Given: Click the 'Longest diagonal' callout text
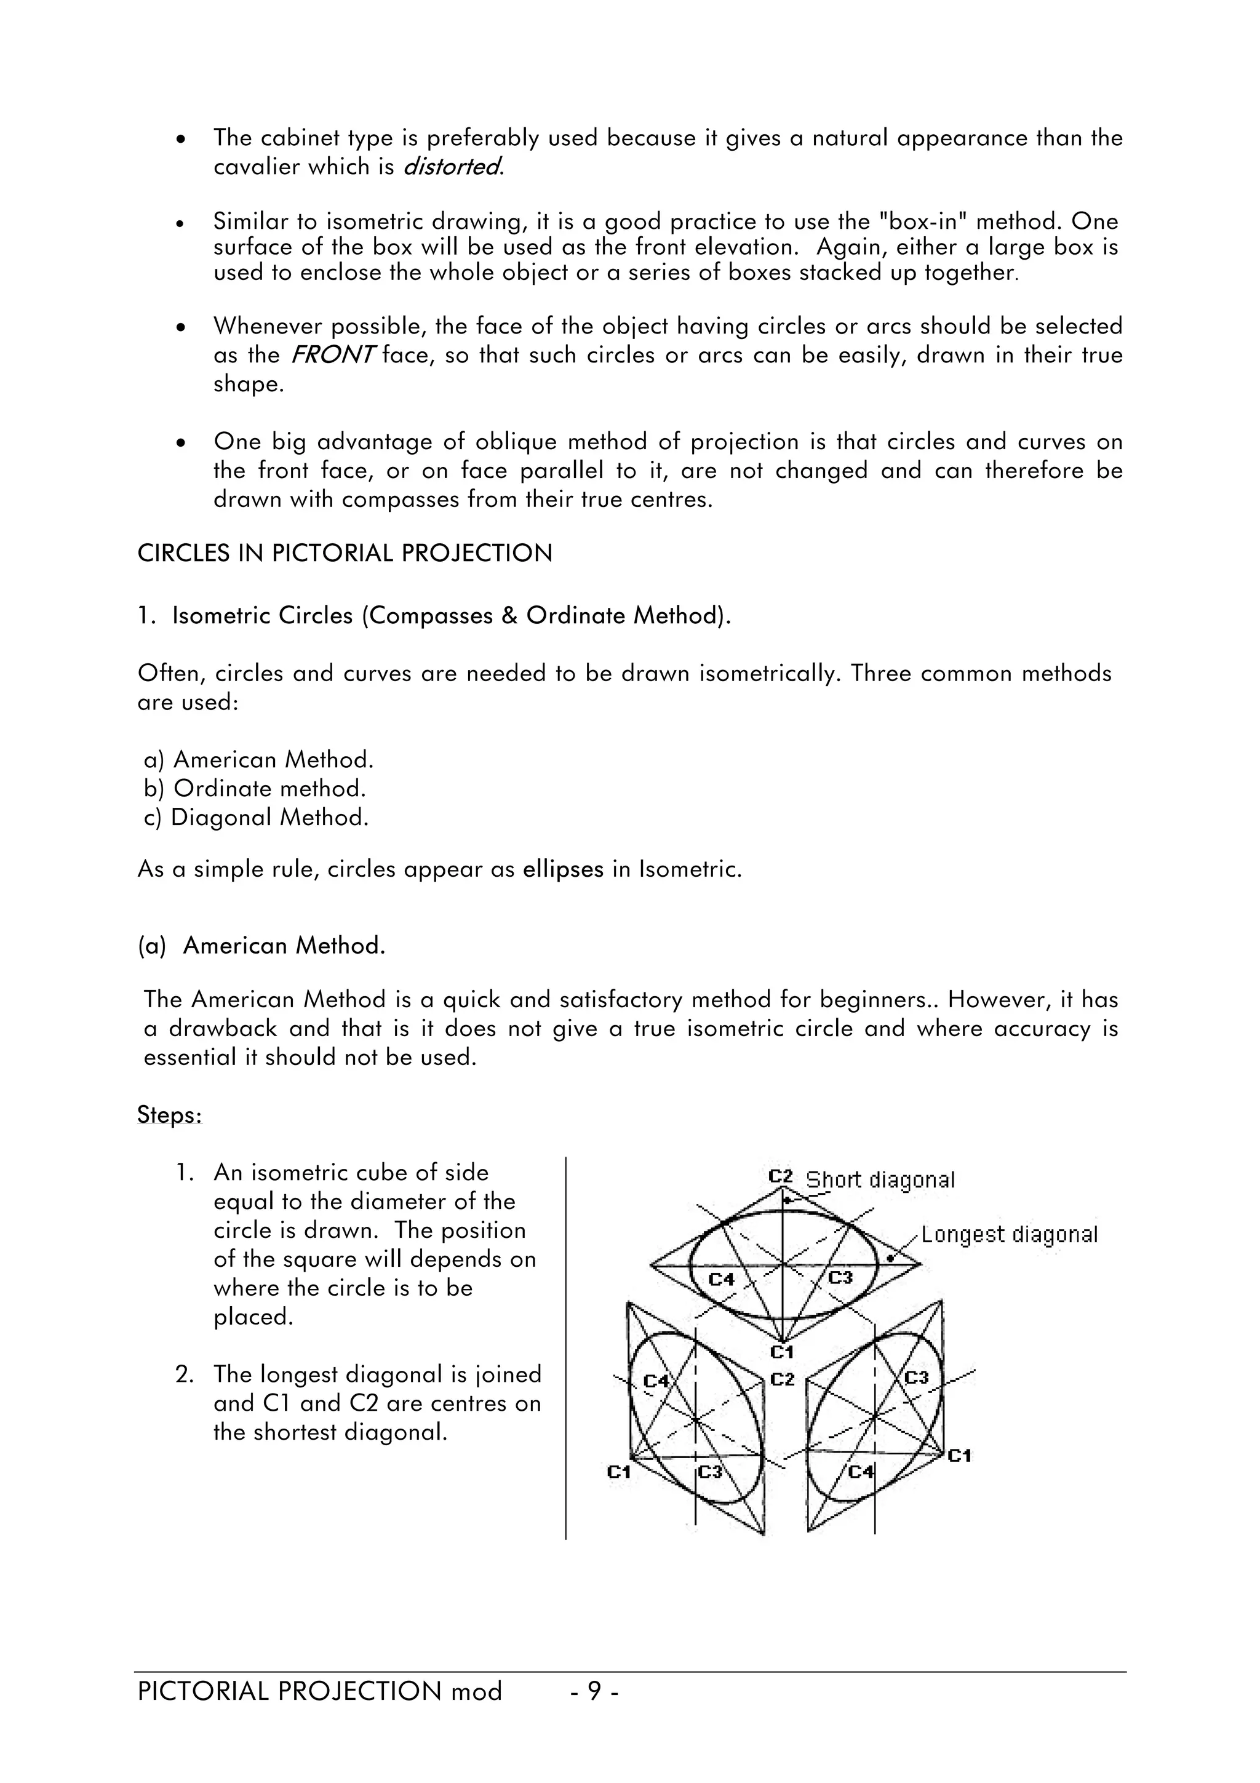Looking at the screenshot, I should point(1009,1234).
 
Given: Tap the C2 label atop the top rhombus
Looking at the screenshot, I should point(780,1176).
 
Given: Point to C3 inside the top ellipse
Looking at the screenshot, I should point(840,1277).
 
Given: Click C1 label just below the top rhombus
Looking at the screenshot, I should point(782,1352).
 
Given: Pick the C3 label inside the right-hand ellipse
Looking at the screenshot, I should point(917,1377).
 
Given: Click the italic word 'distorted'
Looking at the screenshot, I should point(452,167).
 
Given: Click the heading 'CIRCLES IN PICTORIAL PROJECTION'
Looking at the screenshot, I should point(345,554).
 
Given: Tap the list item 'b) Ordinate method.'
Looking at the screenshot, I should point(255,788).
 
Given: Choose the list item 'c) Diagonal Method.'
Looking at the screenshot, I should point(256,817).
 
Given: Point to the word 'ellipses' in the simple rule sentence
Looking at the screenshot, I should point(563,869).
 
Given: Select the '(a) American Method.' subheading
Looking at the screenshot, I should point(261,945).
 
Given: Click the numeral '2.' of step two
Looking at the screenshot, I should point(184,1374).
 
